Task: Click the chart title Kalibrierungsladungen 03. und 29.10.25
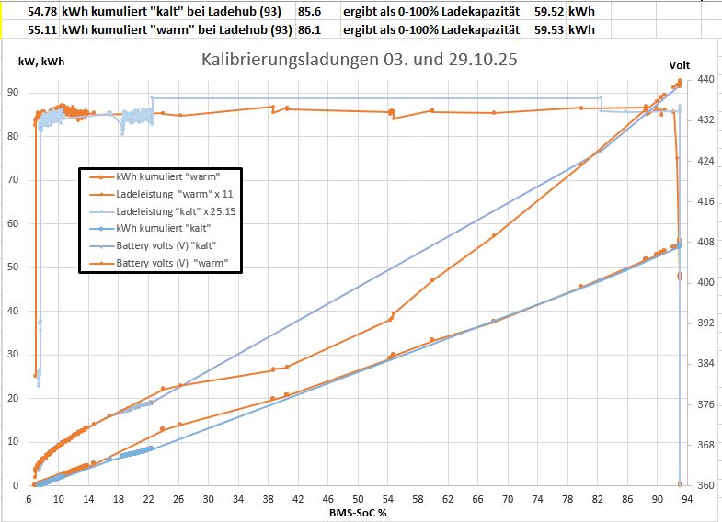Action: tap(359, 61)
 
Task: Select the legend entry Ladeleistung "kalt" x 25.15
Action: tap(174, 211)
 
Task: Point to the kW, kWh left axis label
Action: tap(40, 62)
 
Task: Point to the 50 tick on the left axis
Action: tap(14, 267)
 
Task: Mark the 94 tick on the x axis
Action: tap(687, 499)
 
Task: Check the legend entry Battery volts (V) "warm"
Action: tap(173, 263)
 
